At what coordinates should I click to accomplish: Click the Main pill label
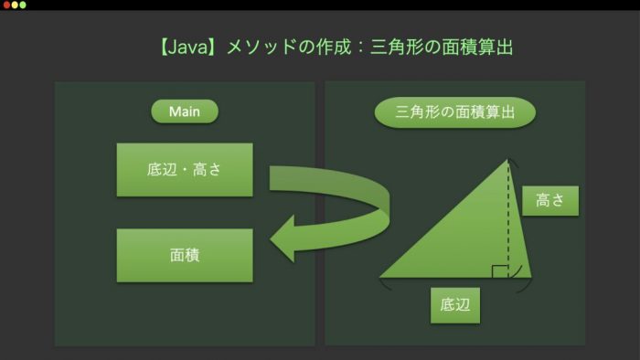(x=185, y=111)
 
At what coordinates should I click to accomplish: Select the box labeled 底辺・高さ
(x=185, y=170)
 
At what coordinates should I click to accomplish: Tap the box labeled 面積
(x=185, y=255)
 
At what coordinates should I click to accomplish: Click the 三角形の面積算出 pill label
(x=454, y=112)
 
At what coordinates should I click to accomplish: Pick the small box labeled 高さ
(x=550, y=201)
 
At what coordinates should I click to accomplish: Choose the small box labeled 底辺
(x=455, y=305)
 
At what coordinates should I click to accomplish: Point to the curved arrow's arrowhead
(x=283, y=238)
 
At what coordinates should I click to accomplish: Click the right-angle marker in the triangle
(x=500, y=271)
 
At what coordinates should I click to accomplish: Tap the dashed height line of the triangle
(x=508, y=218)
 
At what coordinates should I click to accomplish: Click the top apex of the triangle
(x=507, y=159)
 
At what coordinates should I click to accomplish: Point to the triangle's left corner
(x=380, y=277)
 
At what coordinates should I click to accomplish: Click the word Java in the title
(x=188, y=47)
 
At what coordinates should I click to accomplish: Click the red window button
(x=6, y=5)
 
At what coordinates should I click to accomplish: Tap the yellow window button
(x=15, y=5)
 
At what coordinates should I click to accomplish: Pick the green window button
(x=23, y=5)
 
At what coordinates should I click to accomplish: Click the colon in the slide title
(x=360, y=48)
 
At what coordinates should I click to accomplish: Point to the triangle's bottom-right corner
(x=531, y=277)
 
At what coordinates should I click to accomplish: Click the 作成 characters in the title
(x=334, y=47)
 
